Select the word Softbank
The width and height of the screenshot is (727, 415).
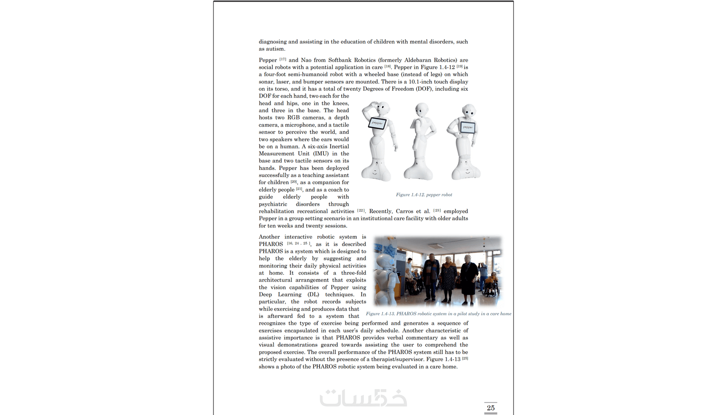(340, 60)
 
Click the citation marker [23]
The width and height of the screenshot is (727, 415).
(437, 210)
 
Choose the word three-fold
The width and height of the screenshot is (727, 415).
(354, 273)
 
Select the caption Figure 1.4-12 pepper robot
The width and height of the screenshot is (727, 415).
(424, 195)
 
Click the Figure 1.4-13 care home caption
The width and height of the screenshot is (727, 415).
(438, 314)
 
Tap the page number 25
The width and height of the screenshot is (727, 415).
(491, 408)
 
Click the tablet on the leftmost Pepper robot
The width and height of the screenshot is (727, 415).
(377, 123)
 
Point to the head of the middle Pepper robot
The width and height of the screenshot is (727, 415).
(422, 109)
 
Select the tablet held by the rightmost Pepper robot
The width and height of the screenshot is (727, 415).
(467, 127)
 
